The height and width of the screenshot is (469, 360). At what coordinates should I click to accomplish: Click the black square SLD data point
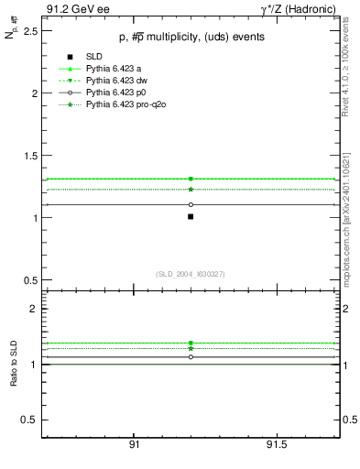point(191,217)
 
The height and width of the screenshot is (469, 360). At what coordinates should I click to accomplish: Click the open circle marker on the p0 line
point(191,204)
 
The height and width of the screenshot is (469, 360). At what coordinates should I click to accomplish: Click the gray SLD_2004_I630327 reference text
point(191,274)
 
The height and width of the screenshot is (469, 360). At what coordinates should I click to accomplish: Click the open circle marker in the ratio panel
point(191,356)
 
